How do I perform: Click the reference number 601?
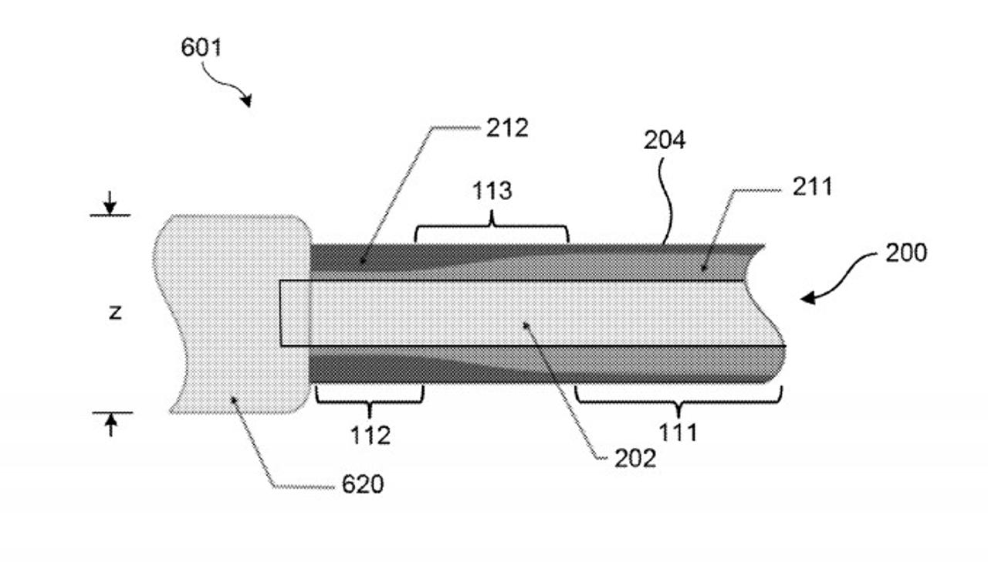click(x=201, y=47)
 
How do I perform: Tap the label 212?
click(x=507, y=128)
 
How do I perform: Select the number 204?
click(x=665, y=140)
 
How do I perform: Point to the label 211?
click(x=813, y=187)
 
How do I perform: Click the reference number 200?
click(x=906, y=253)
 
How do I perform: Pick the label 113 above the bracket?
click(x=492, y=191)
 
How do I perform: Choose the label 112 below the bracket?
click(x=370, y=436)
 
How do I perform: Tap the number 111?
click(x=678, y=433)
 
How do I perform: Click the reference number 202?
click(x=635, y=458)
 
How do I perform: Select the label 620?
click(x=363, y=484)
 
